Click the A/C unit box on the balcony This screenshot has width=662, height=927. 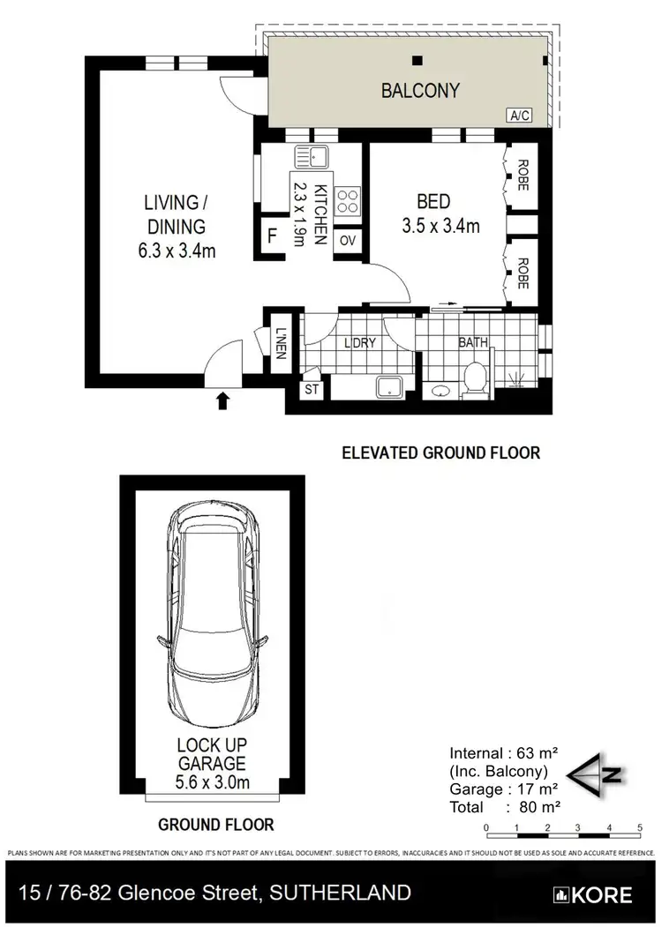(x=516, y=115)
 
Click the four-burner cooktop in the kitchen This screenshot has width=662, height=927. (x=349, y=200)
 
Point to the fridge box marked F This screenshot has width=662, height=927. (x=272, y=237)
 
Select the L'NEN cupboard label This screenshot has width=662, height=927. (x=282, y=342)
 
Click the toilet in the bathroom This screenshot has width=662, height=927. (x=474, y=381)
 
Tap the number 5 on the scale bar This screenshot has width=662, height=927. (x=639, y=826)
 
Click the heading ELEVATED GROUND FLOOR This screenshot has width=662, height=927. (x=440, y=452)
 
